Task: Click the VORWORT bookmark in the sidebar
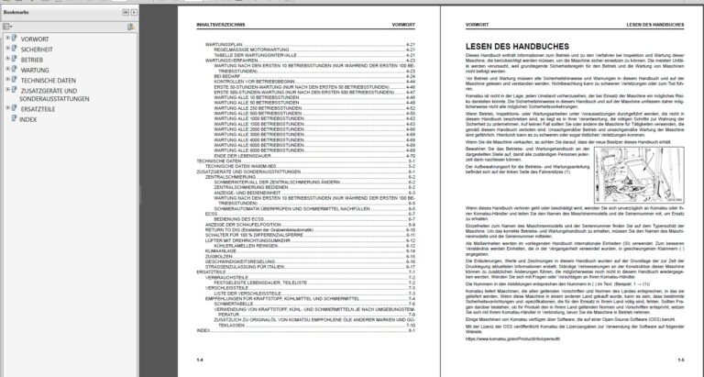pos(36,39)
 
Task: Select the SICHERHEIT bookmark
pos(39,50)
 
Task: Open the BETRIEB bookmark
pos(33,61)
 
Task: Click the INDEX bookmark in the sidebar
pos(29,119)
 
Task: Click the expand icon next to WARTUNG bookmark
pos(7,71)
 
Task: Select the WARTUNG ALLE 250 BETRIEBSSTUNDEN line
pos(262,108)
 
